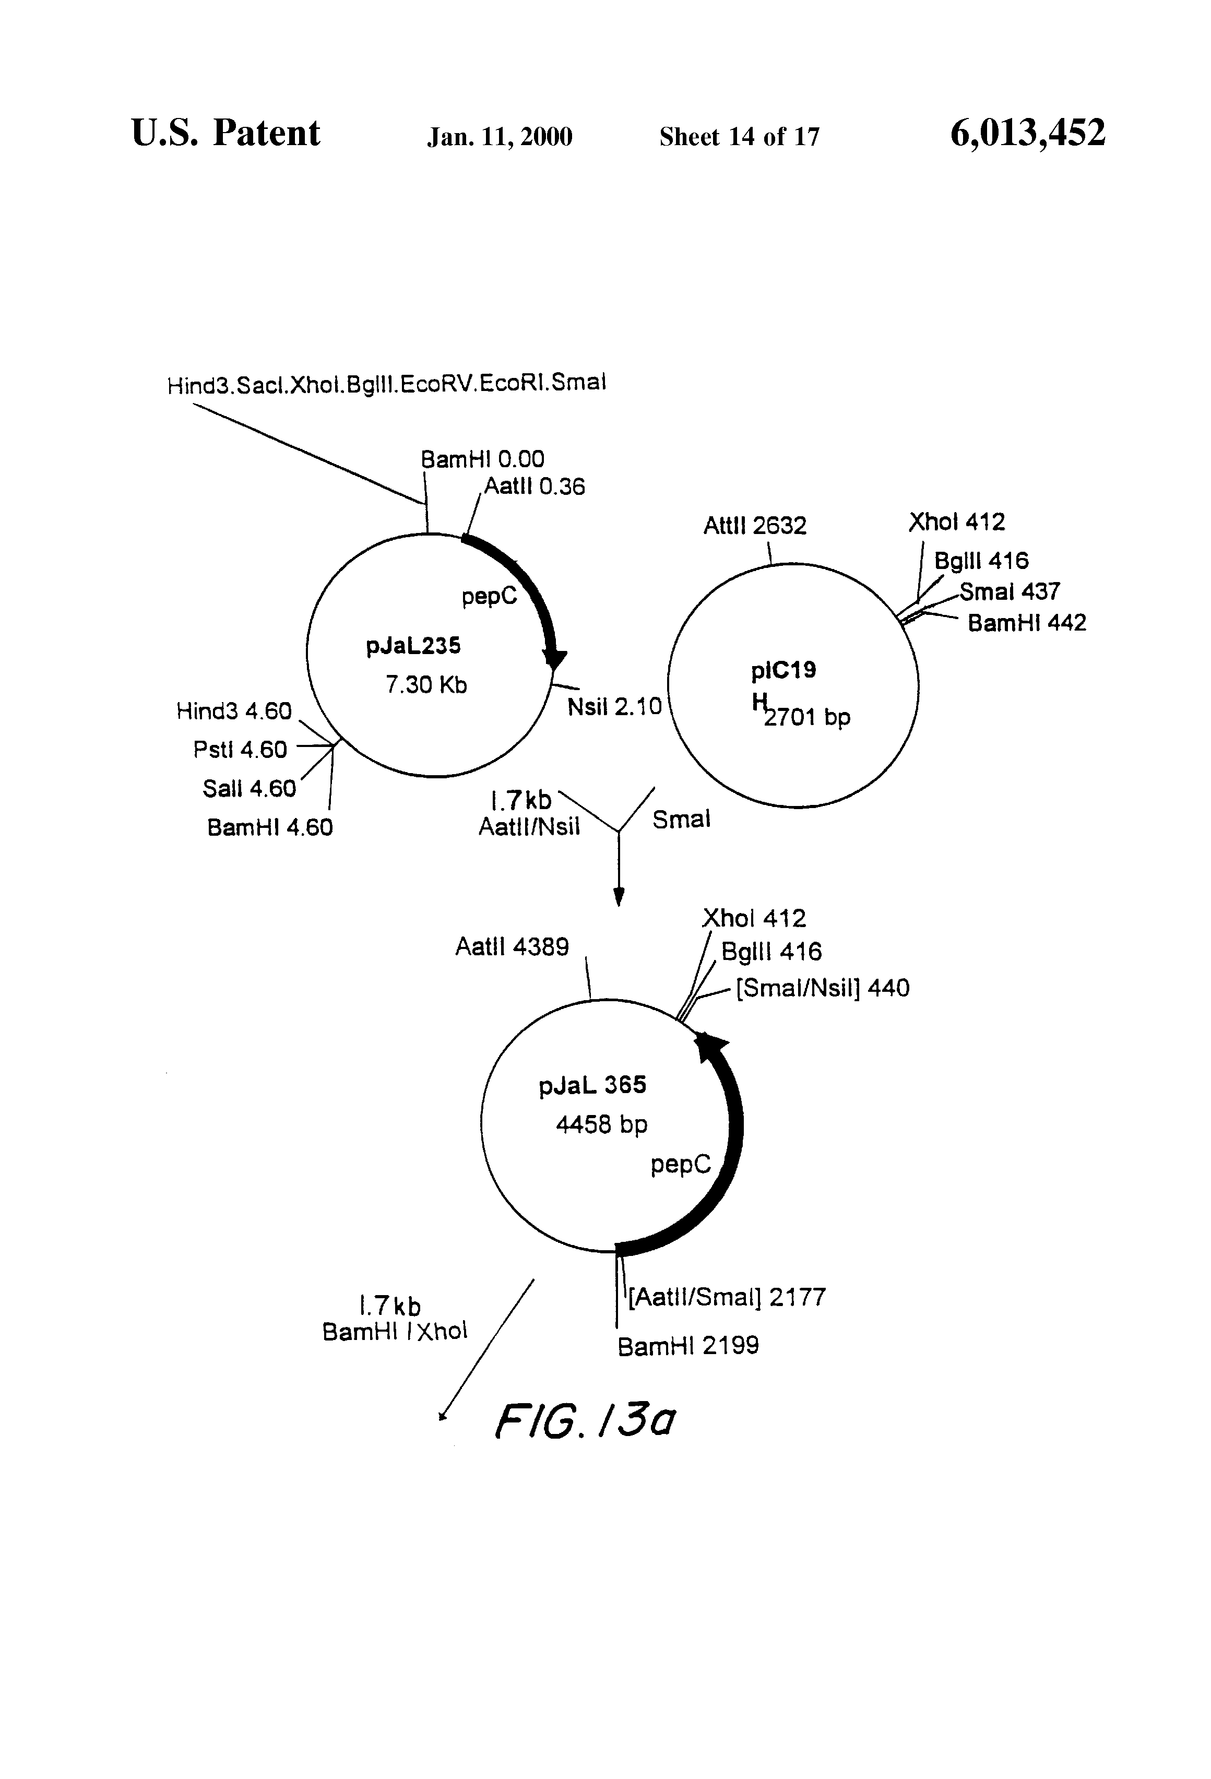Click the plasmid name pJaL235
click(413, 646)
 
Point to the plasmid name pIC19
click(783, 671)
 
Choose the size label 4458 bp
click(602, 1124)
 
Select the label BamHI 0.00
click(482, 459)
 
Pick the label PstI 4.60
click(240, 750)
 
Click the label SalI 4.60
click(249, 788)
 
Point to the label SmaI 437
click(1010, 592)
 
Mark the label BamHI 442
click(1027, 623)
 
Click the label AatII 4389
click(512, 947)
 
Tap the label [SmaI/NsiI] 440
click(823, 988)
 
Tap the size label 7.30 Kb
click(425, 684)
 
